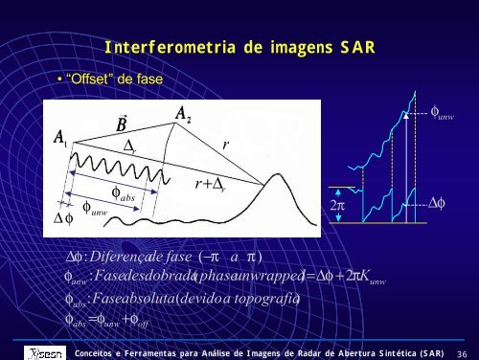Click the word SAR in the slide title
(x=353, y=48)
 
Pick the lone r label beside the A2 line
(x=224, y=143)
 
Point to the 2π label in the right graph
(x=338, y=204)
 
